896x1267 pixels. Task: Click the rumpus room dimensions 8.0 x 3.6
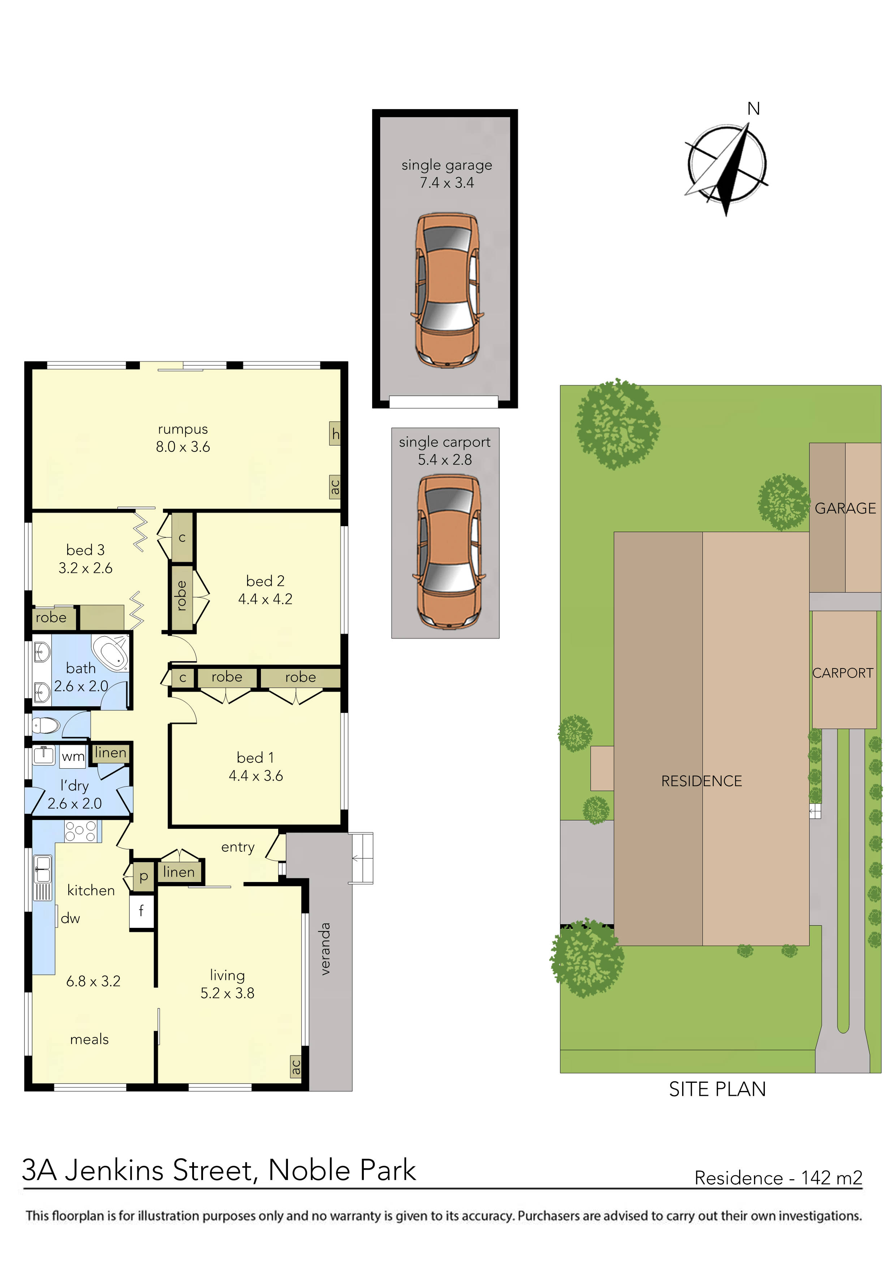pyautogui.click(x=183, y=447)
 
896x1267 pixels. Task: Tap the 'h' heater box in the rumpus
pyautogui.click(x=335, y=434)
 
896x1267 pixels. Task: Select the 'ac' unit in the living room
pyautogui.click(x=296, y=1067)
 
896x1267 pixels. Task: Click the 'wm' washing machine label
pyautogui.click(x=73, y=757)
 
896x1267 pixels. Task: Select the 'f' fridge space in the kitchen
pyautogui.click(x=141, y=911)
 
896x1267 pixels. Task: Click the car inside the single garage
pyautogui.click(x=447, y=290)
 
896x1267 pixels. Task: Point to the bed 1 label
pyautogui.click(x=255, y=758)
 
